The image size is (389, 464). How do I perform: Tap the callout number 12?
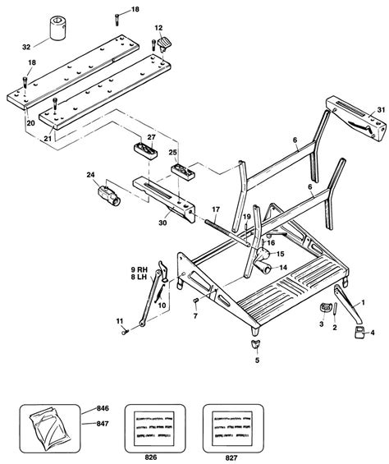click(x=158, y=29)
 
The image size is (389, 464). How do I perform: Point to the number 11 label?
click(x=119, y=320)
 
